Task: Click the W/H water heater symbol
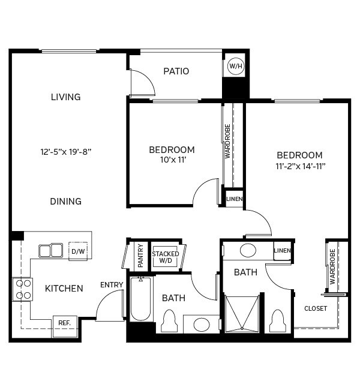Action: click(x=235, y=66)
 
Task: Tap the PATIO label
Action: click(x=176, y=71)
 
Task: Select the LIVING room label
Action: click(x=66, y=97)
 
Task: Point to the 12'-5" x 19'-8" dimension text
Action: click(x=66, y=152)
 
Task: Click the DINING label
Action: click(x=66, y=202)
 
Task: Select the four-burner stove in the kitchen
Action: click(x=23, y=289)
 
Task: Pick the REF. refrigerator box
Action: click(x=64, y=323)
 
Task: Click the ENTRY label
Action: click(x=112, y=284)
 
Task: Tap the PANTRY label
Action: click(x=140, y=254)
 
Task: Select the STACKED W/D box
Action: click(x=165, y=257)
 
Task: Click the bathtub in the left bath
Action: click(x=142, y=298)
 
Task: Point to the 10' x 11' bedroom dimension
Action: click(x=172, y=159)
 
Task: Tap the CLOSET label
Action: click(x=316, y=308)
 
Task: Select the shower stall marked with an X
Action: click(x=242, y=311)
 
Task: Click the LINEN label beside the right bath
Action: click(x=283, y=251)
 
